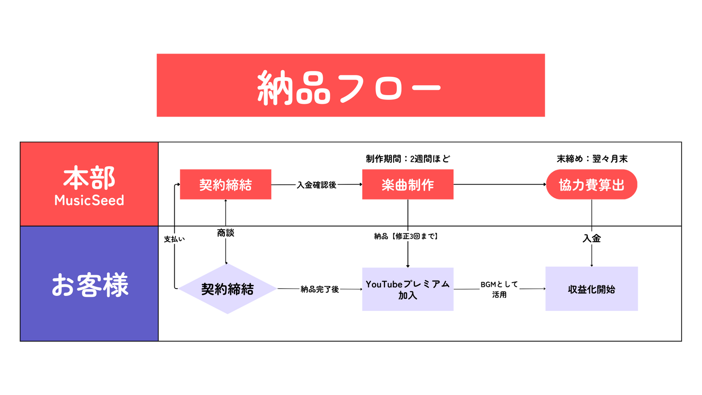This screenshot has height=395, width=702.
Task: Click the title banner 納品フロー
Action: click(350, 85)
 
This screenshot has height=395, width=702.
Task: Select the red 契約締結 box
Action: click(225, 184)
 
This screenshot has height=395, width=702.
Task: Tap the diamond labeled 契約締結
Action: click(227, 289)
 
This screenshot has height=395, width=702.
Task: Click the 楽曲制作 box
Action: click(407, 184)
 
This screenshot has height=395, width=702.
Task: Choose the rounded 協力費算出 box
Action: click(591, 184)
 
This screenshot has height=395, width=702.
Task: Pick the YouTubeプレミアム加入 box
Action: click(407, 289)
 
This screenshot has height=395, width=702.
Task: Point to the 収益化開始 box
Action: click(591, 289)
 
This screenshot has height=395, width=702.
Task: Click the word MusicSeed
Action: click(89, 200)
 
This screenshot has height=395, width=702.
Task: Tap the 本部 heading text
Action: click(89, 178)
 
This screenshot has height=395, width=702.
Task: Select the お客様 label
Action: click(90, 285)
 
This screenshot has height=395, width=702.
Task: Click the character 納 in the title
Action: click(275, 88)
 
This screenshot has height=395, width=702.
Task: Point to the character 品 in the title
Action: click(313, 88)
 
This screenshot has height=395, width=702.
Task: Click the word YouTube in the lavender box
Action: click(384, 284)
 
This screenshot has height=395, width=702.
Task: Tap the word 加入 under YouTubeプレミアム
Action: click(407, 295)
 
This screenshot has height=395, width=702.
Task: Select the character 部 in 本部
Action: click(102, 178)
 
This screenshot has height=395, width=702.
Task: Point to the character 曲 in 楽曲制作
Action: click(401, 185)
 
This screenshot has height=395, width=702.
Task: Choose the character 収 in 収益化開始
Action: click(572, 289)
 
